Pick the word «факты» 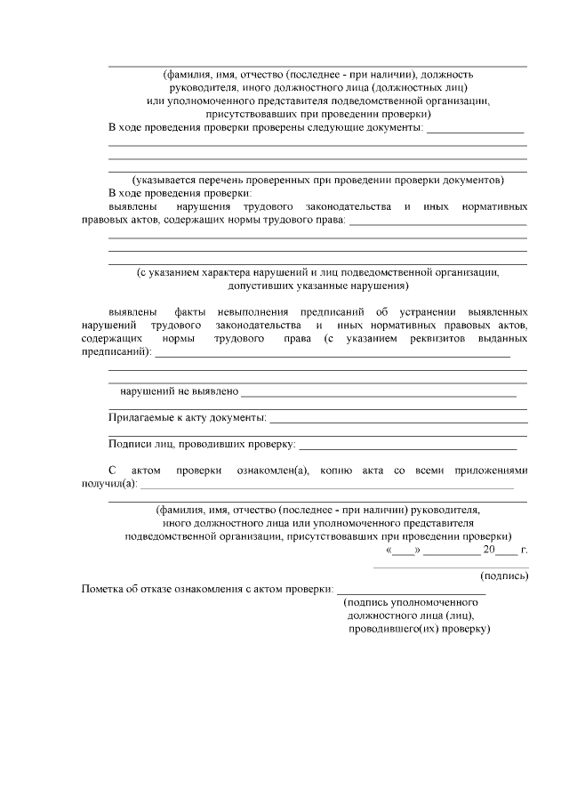click(193, 312)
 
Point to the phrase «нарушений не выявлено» click(179, 390)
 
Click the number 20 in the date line click(488, 549)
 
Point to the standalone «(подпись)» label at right click(504, 576)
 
